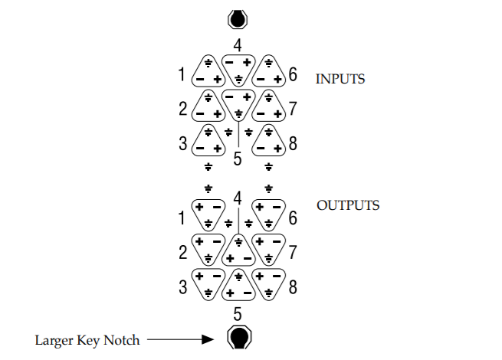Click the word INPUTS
pyautogui.click(x=340, y=78)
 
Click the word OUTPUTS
pyautogui.click(x=348, y=205)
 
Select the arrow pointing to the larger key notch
pyautogui.click(x=178, y=338)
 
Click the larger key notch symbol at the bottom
pyautogui.click(x=238, y=337)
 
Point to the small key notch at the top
pyautogui.click(x=238, y=18)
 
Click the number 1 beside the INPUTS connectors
pyautogui.click(x=182, y=75)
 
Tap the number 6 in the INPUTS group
pyautogui.click(x=293, y=75)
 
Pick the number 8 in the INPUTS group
pyautogui.click(x=293, y=143)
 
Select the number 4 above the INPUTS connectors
pyautogui.click(x=238, y=44)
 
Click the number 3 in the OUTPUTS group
pyautogui.click(x=182, y=288)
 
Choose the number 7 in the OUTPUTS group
pyautogui.click(x=293, y=252)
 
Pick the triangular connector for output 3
pyautogui.click(x=208, y=283)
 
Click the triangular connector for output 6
pyautogui.click(x=268, y=214)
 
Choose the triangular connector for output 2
pyautogui.click(x=208, y=248)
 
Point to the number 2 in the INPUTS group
pyautogui.click(x=182, y=109)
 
